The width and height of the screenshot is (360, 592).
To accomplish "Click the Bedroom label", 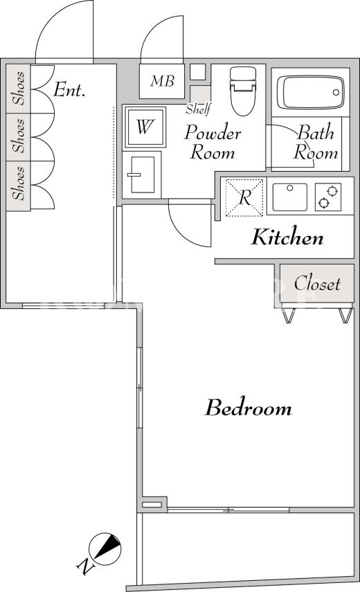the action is pyautogui.click(x=249, y=408).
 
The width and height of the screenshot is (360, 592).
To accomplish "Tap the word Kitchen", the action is pyautogui.click(x=287, y=237).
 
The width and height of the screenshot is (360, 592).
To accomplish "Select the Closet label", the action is pyautogui.click(x=317, y=283).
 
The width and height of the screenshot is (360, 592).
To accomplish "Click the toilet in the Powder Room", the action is pyautogui.click(x=243, y=91).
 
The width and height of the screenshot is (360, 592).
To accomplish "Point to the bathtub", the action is pyautogui.click(x=310, y=93).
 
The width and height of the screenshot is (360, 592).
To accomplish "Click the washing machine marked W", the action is pyautogui.click(x=145, y=127).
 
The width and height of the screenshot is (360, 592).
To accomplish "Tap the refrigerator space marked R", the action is pyautogui.click(x=244, y=197).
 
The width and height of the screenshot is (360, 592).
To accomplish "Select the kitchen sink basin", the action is pyautogui.click(x=290, y=197).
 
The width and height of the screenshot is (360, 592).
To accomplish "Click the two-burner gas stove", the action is pyautogui.click(x=328, y=197).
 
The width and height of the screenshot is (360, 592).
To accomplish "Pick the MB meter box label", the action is pyautogui.click(x=162, y=81).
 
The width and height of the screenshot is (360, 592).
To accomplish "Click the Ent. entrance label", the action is pyautogui.click(x=69, y=90).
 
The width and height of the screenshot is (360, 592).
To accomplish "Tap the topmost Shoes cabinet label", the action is pyautogui.click(x=19, y=88).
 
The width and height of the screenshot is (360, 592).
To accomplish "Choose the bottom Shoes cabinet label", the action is pyautogui.click(x=19, y=183).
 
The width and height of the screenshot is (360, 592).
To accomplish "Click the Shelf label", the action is pyautogui.click(x=198, y=109).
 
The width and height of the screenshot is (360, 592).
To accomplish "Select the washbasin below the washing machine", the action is pyautogui.click(x=142, y=174).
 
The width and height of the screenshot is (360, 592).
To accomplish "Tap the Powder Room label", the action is pyautogui.click(x=213, y=143).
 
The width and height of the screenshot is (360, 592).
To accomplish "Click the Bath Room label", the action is pyautogui.click(x=316, y=143).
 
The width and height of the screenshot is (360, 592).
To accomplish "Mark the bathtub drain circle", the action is pyautogui.click(x=336, y=93).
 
